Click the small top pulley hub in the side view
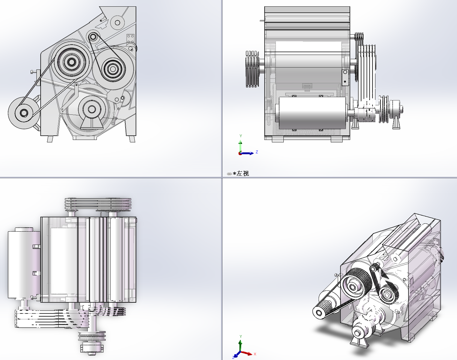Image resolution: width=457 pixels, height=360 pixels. click(93, 37)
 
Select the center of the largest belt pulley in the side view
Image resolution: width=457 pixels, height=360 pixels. click(71, 62)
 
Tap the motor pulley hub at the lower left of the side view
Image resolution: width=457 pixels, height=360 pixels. click(24, 113)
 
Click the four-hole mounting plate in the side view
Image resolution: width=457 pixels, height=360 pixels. click(130, 39)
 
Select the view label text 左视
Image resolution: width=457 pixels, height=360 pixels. click(243, 174)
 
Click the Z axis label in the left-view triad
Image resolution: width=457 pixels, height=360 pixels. click(257, 152)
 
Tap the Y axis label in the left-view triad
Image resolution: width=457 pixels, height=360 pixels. click(241, 136)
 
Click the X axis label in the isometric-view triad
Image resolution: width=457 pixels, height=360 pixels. click(255, 354)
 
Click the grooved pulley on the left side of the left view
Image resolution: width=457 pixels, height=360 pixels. click(252, 69)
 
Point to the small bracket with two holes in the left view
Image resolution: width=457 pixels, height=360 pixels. click(345, 77)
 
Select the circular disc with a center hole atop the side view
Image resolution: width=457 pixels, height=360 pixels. click(117, 22)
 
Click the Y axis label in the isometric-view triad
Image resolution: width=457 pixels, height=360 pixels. click(241, 336)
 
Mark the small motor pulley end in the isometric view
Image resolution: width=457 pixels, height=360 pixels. click(319, 312)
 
